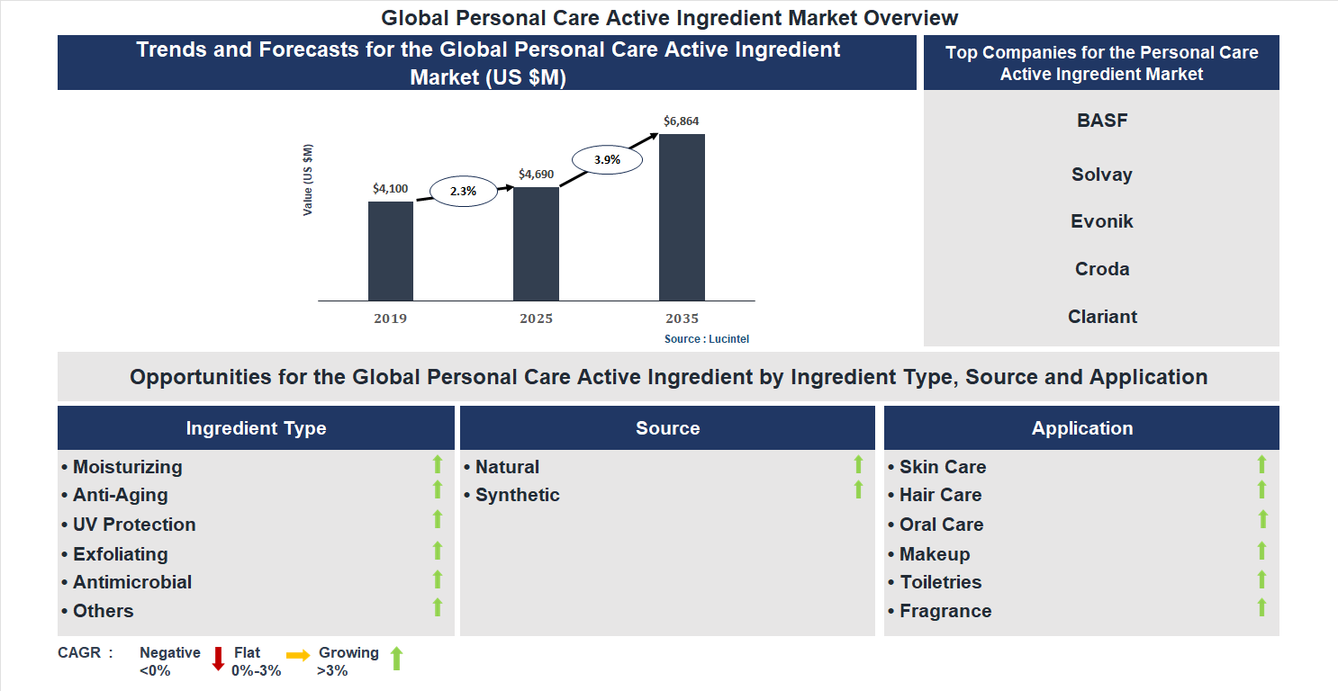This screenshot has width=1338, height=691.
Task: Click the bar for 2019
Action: pos(391,251)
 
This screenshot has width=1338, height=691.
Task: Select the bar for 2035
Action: pos(682,217)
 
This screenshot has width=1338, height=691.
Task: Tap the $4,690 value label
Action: pos(536,175)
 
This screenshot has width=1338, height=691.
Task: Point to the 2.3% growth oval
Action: pos(463,191)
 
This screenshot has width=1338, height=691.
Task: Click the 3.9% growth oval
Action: pos(606,160)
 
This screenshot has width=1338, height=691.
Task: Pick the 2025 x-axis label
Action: pos(536,319)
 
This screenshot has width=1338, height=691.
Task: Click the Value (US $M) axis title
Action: pos(308,180)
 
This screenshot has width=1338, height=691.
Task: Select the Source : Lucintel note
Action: pos(707,339)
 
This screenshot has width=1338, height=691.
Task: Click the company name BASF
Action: pos(1101,121)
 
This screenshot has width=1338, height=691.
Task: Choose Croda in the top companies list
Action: pos(1101,269)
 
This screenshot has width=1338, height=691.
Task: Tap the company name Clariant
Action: pos(1101,317)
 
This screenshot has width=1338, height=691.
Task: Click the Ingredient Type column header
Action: pos(256,428)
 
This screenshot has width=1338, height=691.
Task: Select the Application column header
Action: pos(1081,428)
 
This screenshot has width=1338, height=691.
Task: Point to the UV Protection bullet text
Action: pos(134,525)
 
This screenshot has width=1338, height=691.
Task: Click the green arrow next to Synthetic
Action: pos(858,490)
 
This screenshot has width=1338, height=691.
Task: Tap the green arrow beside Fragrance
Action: pos(1261,607)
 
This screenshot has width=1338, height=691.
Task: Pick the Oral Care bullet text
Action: pos(941,525)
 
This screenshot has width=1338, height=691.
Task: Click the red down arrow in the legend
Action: pos(218,659)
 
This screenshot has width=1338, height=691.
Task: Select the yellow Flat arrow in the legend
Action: pos(298,656)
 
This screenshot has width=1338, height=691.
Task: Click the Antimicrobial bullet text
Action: pos(132,582)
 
